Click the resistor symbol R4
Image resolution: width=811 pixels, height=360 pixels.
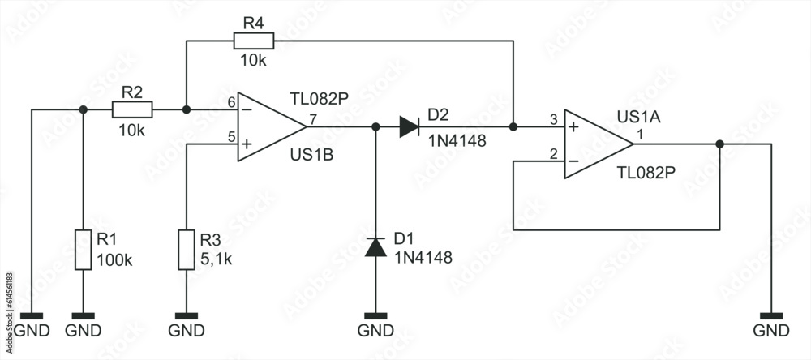tap(254, 41)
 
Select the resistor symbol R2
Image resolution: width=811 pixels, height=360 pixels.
tap(132, 109)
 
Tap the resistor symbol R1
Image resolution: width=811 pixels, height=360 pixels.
tap(83, 250)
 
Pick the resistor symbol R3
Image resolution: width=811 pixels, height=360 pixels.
tap(187, 250)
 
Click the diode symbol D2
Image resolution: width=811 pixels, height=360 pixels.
tap(409, 126)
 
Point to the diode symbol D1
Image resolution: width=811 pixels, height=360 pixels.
tap(375, 246)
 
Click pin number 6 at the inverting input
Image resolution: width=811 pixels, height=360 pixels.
tap(231, 102)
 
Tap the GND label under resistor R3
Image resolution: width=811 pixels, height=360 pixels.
tap(187, 331)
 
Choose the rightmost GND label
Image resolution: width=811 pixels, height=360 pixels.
tap(770, 331)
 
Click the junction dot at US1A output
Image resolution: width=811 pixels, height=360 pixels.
tap(719, 144)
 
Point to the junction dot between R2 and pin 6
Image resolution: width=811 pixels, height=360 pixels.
tap(187, 109)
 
